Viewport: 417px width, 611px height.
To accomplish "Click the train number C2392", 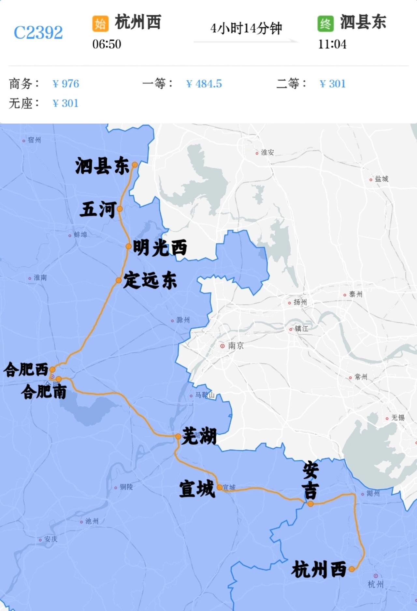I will click(38, 33).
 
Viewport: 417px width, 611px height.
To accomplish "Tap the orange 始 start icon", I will click(100, 23).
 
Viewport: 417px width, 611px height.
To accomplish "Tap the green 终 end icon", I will click(325, 23).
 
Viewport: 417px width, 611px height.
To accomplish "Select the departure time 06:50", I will click(107, 44).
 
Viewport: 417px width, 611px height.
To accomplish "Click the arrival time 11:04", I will click(332, 44).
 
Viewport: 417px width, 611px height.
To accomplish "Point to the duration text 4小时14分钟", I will click(246, 29).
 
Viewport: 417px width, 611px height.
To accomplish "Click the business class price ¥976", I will click(66, 84).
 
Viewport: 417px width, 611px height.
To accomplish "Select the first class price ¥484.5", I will click(204, 84).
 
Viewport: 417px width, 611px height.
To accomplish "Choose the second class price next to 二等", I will click(333, 84).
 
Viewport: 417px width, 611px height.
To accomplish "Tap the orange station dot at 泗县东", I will click(135, 165).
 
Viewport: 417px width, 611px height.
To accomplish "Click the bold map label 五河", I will click(98, 209).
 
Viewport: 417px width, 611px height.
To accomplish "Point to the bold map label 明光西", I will click(160, 247).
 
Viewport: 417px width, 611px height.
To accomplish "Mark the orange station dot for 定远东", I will click(119, 280).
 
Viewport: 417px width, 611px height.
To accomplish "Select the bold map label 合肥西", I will click(26, 370).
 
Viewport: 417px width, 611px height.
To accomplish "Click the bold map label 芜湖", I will click(199, 436).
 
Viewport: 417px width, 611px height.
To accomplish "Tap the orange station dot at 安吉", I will click(310, 504).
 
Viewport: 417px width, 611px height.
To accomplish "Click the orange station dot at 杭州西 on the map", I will click(352, 569).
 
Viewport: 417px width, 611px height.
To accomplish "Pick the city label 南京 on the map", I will click(235, 346).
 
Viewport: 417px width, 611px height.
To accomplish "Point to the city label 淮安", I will click(267, 152).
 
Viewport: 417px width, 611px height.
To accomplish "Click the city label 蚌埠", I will click(80, 235).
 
